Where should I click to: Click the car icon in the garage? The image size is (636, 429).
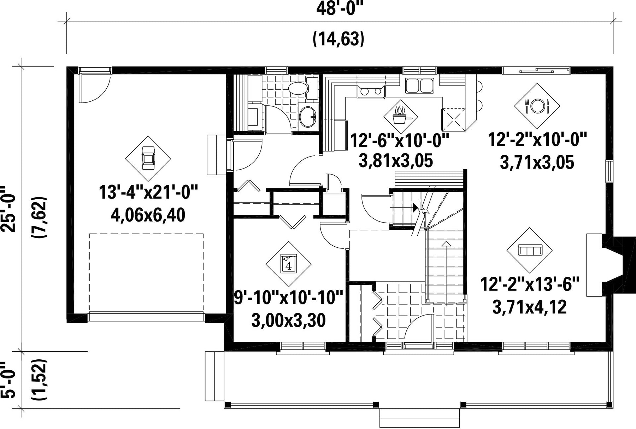148,159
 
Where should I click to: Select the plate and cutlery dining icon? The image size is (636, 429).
537,106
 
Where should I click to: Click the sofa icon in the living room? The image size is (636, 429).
530,250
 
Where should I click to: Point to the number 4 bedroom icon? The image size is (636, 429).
288,264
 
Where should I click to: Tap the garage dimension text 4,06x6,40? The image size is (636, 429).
148,215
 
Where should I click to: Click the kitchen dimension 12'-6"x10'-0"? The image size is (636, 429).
399,141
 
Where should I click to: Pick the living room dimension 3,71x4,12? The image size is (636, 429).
530,307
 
